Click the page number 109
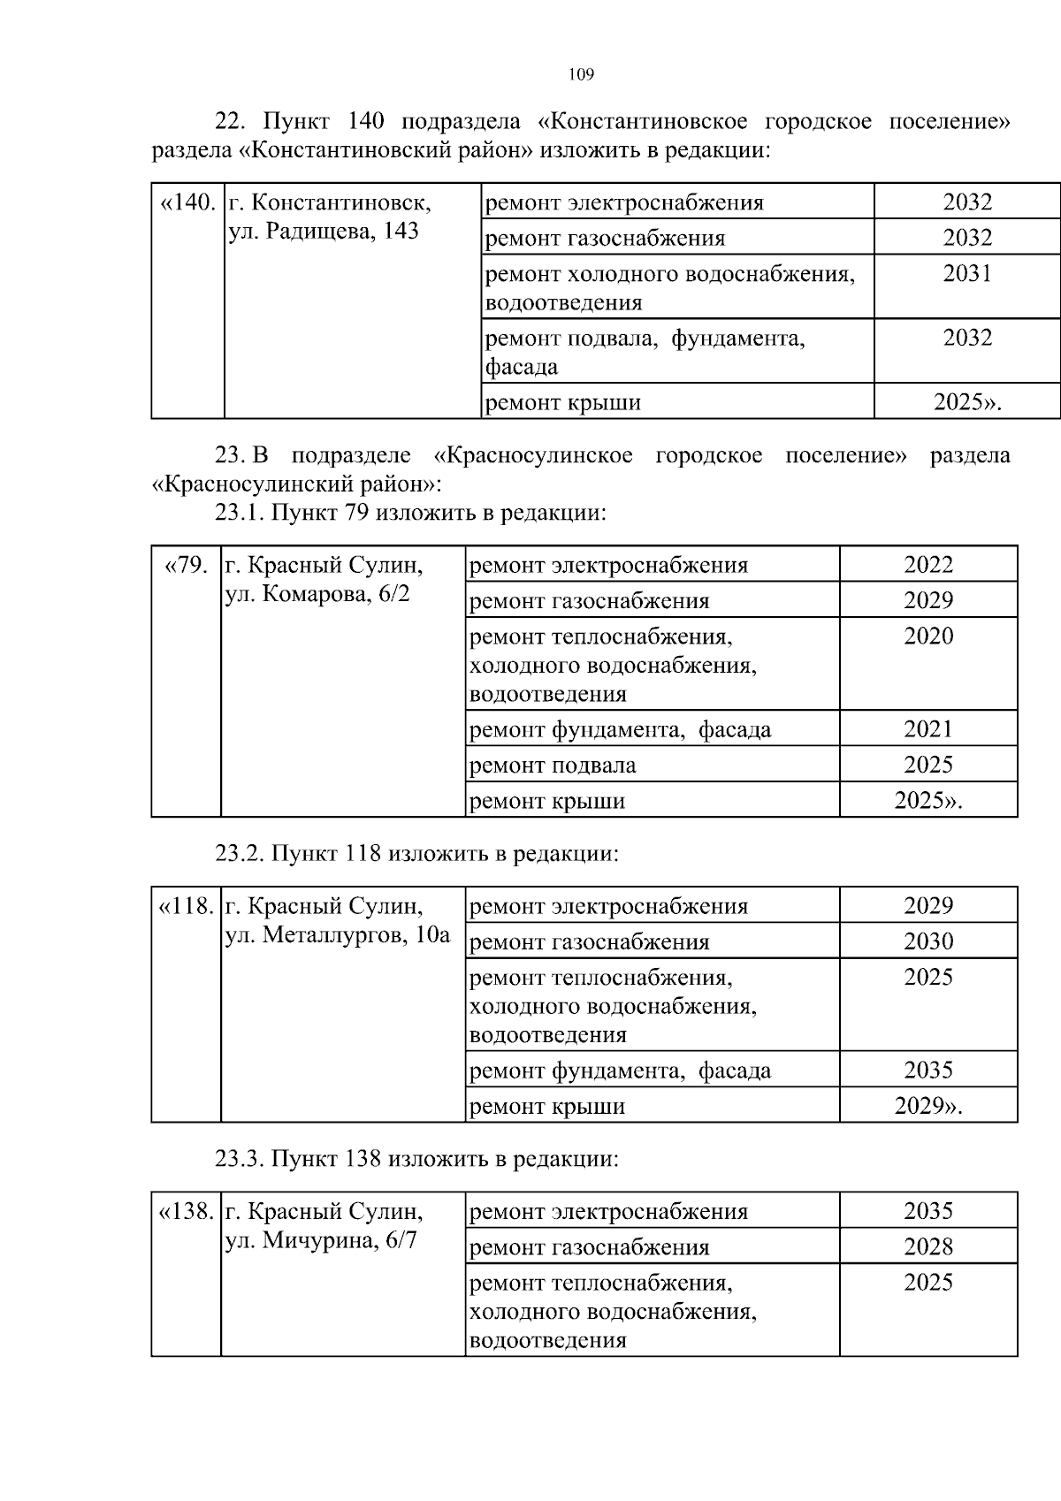(x=581, y=75)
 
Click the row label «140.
(x=187, y=203)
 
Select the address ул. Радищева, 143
(x=324, y=232)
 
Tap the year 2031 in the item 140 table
(x=967, y=274)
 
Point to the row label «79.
(x=187, y=565)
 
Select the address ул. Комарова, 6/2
(x=317, y=594)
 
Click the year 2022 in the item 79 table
(x=928, y=565)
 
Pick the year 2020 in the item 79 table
(x=928, y=636)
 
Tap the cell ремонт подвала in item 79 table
(x=553, y=766)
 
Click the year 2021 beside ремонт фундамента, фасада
(x=928, y=729)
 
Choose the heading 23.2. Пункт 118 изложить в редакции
(x=416, y=854)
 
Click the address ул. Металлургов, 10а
(x=338, y=935)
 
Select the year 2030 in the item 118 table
(x=928, y=941)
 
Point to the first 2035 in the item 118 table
(x=928, y=1071)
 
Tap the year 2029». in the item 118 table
(x=928, y=1106)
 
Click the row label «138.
(x=186, y=1212)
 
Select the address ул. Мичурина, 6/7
(x=321, y=1241)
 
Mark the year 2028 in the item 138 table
(x=928, y=1247)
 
